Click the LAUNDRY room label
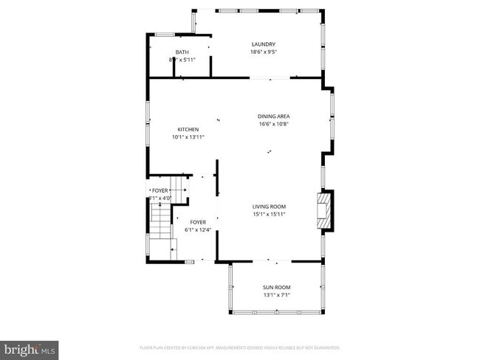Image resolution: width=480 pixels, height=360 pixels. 263,44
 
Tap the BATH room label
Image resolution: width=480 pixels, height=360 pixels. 182,52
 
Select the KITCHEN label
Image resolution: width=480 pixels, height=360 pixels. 187,129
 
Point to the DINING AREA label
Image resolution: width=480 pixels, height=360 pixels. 272,117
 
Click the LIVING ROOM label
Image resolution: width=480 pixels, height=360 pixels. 269,207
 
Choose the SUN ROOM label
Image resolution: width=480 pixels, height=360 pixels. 276,288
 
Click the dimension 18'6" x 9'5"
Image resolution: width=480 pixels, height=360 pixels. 263,52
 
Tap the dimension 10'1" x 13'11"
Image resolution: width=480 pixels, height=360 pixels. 187,136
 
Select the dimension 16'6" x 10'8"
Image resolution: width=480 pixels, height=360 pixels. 272,124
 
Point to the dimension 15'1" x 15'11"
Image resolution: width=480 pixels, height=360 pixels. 269,215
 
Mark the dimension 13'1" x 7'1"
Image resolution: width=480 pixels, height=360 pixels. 276,295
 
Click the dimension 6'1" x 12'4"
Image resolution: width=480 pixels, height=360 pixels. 198,229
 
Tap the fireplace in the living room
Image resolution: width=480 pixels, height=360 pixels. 323,211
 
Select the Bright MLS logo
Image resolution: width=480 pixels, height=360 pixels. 30,347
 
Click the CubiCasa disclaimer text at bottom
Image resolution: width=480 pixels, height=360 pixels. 239,347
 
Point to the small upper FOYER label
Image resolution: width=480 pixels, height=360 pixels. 160,190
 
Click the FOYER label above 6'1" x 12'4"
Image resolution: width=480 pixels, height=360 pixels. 198,222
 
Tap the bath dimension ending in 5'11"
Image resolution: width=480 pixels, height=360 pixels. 182,59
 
